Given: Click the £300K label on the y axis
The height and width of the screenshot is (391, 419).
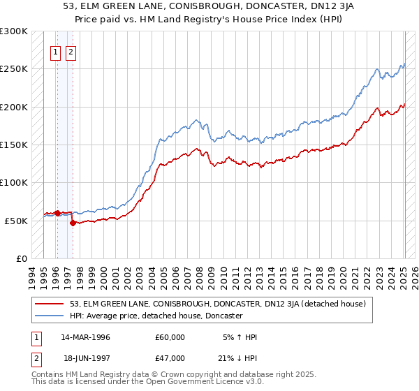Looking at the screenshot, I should coord(14,31).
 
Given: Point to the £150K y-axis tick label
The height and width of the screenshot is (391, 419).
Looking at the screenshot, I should coord(14,145).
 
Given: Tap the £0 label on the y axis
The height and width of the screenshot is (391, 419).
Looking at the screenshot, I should coord(22,258).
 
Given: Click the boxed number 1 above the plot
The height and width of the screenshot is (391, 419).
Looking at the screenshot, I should coord(56,51).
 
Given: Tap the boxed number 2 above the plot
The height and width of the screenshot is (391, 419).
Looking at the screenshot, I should coord(71,51).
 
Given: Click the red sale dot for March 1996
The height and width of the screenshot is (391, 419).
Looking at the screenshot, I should coord(57,212).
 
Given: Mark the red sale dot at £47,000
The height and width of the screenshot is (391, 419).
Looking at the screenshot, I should coord(73,223).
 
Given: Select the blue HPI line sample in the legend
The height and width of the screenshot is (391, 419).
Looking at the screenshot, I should coord(49,316).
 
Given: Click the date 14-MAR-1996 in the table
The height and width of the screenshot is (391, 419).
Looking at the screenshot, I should coord(85,337).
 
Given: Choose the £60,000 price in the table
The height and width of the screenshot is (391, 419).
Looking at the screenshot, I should coord(170,337).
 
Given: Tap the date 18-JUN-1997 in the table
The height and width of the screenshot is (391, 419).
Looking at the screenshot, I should coord(86,360).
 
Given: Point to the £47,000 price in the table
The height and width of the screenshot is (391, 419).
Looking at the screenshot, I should coord(170,360).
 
